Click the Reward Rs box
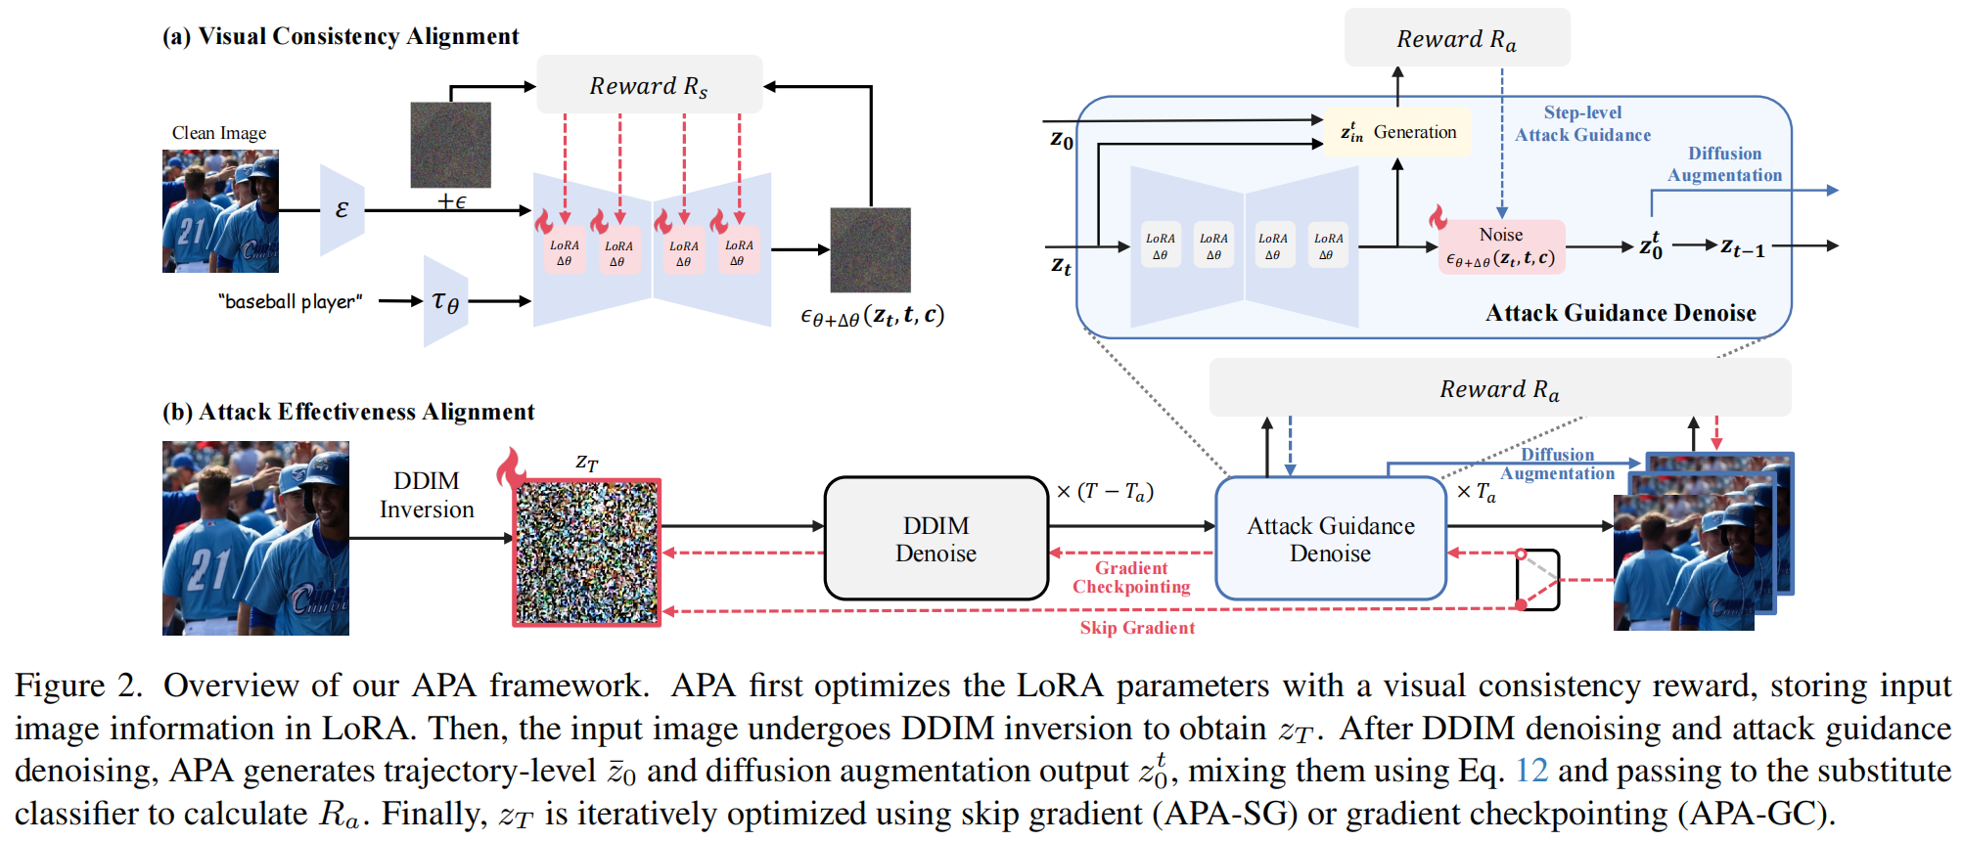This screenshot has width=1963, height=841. (649, 85)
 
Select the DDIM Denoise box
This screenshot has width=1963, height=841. (936, 539)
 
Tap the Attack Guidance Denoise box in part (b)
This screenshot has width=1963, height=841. (1330, 539)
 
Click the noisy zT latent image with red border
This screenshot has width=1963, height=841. (587, 553)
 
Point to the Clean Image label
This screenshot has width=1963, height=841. (219, 133)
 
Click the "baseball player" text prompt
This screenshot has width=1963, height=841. (291, 301)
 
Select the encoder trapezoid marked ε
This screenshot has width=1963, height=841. (342, 209)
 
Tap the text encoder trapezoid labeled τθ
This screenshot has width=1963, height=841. (445, 301)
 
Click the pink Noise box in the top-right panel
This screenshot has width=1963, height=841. (1500, 246)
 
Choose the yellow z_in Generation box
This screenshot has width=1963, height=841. (1397, 132)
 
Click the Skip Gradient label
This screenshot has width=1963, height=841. (1137, 628)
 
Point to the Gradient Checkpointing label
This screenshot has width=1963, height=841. (1131, 577)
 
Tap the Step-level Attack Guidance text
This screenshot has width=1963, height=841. (1582, 124)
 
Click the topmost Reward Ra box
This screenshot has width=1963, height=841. (1456, 39)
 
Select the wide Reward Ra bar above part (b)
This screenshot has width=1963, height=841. (1499, 388)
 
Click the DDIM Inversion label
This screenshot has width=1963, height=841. (427, 495)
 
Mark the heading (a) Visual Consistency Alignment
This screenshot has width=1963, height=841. (341, 36)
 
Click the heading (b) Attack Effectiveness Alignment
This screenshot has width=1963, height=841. (348, 412)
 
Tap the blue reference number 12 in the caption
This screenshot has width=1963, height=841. (1531, 771)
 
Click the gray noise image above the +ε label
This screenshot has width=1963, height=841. (450, 145)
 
